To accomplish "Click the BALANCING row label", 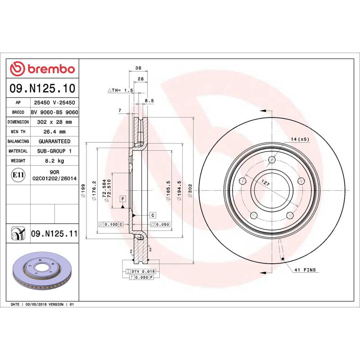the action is coord(18,141).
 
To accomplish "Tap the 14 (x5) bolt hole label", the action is coord(300,139).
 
